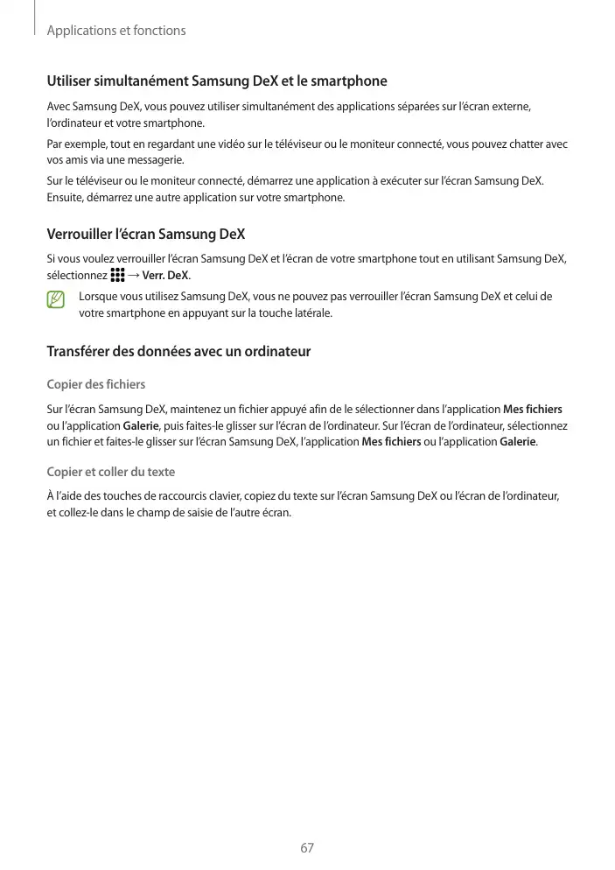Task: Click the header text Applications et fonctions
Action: tap(116, 31)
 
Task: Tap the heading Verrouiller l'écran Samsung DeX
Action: tap(145, 235)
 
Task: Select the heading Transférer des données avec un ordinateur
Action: tap(178, 352)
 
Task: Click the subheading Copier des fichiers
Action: tap(96, 384)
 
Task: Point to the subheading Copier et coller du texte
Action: tap(111, 472)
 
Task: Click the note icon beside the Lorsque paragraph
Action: tap(57, 299)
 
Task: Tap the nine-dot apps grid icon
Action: tap(118, 276)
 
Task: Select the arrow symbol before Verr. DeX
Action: tap(133, 276)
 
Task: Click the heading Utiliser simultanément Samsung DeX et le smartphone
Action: tap(217, 81)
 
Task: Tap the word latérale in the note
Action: tap(311, 312)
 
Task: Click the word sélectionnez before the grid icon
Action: tap(77, 276)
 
